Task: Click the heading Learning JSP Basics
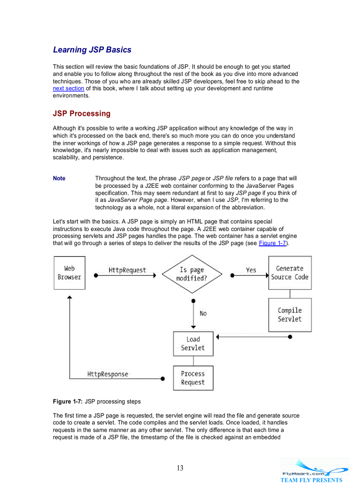tap(92, 50)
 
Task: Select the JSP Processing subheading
tap(82, 113)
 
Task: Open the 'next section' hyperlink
tap(68, 89)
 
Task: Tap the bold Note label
tap(59, 179)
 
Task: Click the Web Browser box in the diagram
tap(69, 273)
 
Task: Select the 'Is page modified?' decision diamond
tap(191, 274)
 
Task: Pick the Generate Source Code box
tap(289, 273)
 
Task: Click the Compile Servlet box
tap(289, 315)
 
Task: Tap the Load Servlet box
tap(193, 344)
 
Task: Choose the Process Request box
tap(193, 378)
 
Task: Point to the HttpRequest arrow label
tap(127, 270)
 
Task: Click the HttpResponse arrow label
tap(108, 374)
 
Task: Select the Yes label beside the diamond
tap(251, 270)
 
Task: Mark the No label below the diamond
tap(203, 313)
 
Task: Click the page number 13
tap(180, 468)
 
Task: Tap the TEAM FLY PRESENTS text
tap(311, 480)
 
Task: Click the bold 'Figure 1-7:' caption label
tap(67, 402)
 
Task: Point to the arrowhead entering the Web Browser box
tap(69, 298)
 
